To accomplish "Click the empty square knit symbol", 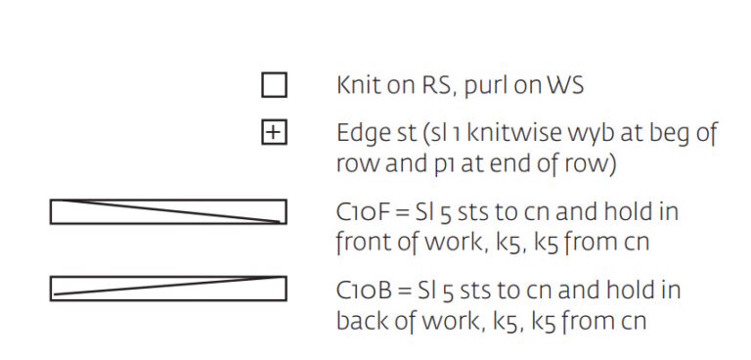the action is (275, 85).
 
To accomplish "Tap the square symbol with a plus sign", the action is (275, 133).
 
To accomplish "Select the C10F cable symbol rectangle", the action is (168, 211).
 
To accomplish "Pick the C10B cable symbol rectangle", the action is (168, 289).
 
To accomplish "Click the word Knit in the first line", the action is (359, 85).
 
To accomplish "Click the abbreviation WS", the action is (562, 85).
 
